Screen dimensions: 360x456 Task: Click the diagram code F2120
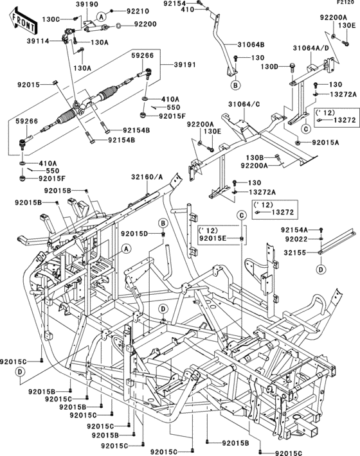tap(345, 3)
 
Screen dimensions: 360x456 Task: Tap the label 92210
tap(138, 12)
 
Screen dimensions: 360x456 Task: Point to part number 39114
tap(38, 41)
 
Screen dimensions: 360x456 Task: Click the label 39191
tap(185, 64)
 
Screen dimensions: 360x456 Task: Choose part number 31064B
tap(251, 45)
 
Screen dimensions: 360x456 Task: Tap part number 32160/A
tap(147, 177)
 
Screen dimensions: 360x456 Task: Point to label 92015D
tap(134, 233)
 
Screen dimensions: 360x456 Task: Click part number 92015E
tap(213, 239)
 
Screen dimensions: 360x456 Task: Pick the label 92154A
tap(294, 230)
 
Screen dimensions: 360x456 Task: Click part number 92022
tap(296, 239)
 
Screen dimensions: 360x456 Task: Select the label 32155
tap(295, 253)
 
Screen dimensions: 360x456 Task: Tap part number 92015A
tap(325, 143)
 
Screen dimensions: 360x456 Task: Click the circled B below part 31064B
tap(235, 85)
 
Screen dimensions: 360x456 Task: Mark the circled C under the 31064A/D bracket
tap(306, 128)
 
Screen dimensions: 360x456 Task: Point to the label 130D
tap(269, 67)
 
